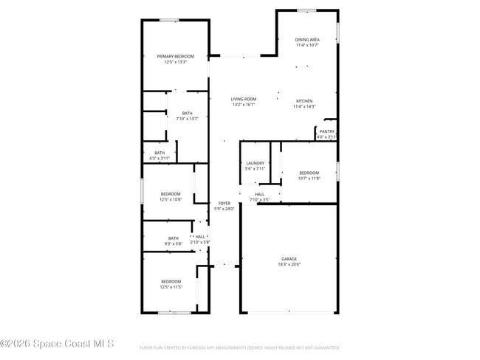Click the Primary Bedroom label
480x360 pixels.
175,57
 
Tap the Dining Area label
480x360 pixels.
307,40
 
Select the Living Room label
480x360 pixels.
243,100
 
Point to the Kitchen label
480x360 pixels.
304,101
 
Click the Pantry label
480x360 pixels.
326,131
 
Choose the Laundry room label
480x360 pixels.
255,163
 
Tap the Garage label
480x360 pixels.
289,259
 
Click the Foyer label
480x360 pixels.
224,203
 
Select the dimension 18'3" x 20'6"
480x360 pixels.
289,265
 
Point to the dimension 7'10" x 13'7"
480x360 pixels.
187,119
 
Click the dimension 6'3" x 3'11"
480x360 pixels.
160,158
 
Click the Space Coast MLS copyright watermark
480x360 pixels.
58,344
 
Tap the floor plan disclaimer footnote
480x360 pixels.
239,347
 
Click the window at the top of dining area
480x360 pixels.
306,10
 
